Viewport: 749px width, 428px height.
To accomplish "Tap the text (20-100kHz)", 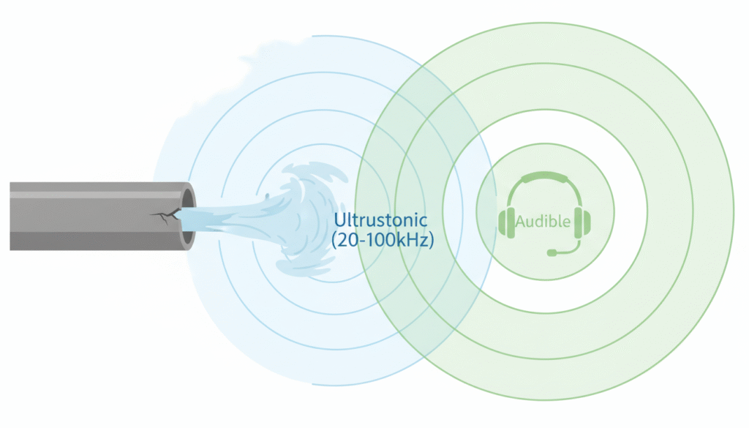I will point(383,239).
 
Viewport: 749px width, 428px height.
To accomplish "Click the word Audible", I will point(543,221).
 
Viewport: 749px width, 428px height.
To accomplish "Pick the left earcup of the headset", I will point(507,222).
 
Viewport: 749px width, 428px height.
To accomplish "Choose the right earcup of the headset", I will point(582,222).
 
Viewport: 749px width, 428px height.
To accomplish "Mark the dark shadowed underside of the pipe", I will point(88,241).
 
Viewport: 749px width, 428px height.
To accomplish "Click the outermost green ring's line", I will point(733,212).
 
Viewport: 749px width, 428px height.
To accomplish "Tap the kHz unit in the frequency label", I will point(414,239).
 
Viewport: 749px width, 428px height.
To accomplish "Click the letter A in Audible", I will point(521,221).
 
